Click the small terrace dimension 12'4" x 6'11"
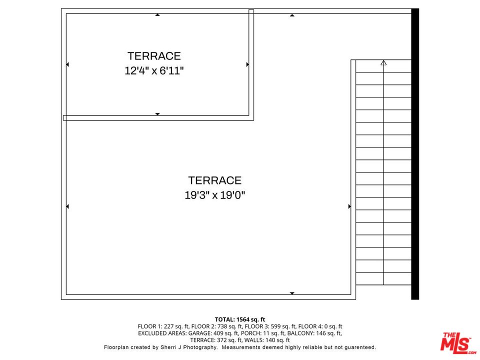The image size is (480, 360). coord(154,71)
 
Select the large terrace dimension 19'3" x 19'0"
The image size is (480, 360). coord(214,195)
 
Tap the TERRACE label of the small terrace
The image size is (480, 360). coord(154,56)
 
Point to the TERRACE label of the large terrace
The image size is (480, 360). coord(214,180)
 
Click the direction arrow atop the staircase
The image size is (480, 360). coord(383,62)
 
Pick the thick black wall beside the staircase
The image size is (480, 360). coord(414,154)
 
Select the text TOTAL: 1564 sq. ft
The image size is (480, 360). coord(240,319)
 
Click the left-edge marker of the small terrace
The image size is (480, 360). coord(67,64)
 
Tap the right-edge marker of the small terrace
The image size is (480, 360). coord(247,64)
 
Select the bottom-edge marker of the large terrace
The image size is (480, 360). coord(292,293)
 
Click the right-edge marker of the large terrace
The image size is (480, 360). coord(349,206)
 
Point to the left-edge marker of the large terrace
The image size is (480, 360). coord(67,206)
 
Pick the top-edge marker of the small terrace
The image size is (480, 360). coord(157,15)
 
